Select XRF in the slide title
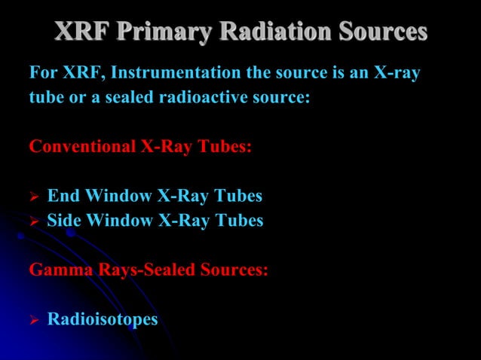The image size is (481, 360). coord(81,32)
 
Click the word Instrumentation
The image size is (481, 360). coord(162,74)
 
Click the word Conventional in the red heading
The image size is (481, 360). coord(83,146)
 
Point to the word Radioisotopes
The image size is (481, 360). coord(103,319)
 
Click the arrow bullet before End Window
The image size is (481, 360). coord(34,197)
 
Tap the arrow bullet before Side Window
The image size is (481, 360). coord(34,221)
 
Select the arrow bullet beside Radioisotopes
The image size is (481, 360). coord(34,319)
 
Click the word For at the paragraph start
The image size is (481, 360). coord(42,74)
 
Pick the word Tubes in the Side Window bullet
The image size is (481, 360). coord(238,220)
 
